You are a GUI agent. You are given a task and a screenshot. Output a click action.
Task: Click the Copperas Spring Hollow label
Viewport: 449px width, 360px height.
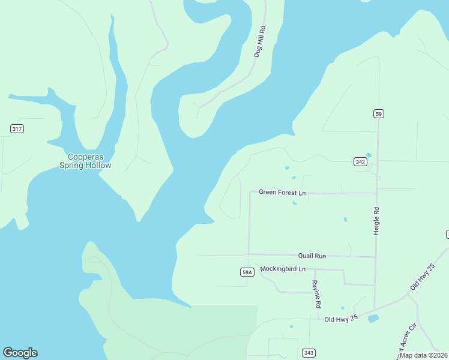(85, 161)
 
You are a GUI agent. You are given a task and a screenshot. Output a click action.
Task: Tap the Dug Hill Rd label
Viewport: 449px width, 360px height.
(259, 42)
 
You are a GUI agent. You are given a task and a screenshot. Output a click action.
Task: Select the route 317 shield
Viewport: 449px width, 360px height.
(17, 129)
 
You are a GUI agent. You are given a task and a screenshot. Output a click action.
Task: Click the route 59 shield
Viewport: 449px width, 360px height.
(378, 113)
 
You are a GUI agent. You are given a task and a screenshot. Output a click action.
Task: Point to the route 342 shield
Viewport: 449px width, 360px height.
(360, 162)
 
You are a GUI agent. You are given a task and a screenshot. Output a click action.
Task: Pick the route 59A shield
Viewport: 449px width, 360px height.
(247, 272)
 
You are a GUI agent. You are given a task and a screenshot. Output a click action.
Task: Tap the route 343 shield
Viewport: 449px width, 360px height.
(309, 352)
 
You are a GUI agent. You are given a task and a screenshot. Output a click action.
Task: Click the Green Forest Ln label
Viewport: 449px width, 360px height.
(282, 193)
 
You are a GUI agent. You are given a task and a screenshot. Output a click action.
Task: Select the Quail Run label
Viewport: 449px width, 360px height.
(312, 256)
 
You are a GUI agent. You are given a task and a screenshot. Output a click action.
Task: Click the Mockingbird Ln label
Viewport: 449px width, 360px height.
(283, 269)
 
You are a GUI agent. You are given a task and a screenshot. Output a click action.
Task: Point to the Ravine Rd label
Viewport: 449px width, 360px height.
(316, 294)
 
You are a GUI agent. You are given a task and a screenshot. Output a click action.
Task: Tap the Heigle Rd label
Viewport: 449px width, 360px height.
(376, 221)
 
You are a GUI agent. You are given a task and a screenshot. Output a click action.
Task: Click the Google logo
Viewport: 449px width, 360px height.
(20, 353)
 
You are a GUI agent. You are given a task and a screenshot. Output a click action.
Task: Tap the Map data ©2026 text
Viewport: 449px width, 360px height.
(423, 355)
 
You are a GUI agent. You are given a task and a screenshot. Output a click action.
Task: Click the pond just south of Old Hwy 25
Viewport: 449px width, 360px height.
(373, 319)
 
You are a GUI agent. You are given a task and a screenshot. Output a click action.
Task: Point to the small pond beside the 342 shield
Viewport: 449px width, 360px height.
(369, 155)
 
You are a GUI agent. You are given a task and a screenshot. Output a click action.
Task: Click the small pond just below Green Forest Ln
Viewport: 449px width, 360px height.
(295, 203)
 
